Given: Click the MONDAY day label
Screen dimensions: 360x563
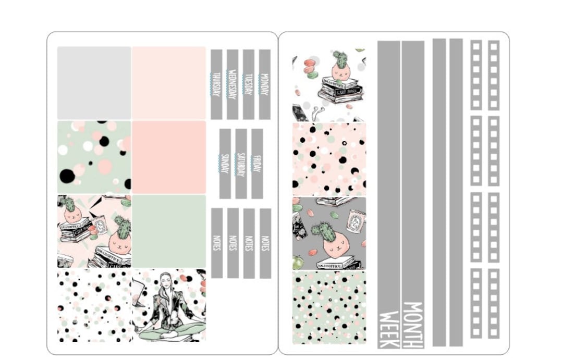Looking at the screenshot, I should tap(264, 84).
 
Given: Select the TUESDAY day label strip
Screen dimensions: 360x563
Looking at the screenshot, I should tap(249, 84).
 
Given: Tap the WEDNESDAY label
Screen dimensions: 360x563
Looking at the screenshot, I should tap(232, 84).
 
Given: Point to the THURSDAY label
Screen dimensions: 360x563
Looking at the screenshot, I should tap(216, 84).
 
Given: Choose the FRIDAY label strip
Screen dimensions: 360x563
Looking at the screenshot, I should tap(257, 164).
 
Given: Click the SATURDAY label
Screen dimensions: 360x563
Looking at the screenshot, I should tap(241, 164).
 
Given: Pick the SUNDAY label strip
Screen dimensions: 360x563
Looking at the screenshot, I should tap(225, 164).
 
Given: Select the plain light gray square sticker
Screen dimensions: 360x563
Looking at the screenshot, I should tap(94, 83).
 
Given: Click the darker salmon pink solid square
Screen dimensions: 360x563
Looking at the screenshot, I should tap(169, 157).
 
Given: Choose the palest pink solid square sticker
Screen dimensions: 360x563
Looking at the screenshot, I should tap(169, 83).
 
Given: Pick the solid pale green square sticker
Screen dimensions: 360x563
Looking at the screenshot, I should tap(169, 231).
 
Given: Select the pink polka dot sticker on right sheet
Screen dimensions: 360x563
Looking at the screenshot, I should tap(329, 159).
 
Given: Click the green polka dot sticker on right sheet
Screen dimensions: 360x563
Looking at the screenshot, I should tap(329, 307).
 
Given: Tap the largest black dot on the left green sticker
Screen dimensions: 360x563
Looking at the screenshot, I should tap(67, 176).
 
